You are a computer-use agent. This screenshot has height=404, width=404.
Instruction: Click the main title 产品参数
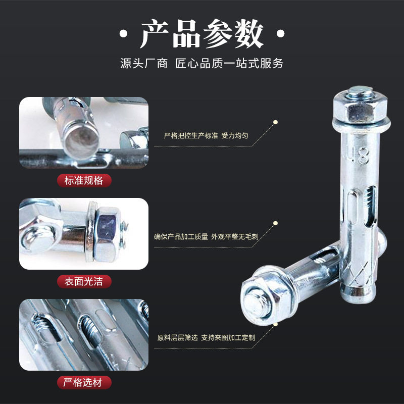[201, 33]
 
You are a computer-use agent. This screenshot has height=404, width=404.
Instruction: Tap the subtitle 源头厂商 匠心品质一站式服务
[201, 64]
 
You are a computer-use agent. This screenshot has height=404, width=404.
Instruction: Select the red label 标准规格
[84, 180]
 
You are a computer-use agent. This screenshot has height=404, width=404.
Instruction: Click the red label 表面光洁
[84, 281]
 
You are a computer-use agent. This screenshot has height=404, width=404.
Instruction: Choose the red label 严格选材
[84, 382]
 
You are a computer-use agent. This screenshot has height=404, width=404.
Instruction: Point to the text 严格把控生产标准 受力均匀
[206, 135]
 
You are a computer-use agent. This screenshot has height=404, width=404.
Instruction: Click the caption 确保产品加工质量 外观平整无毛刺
[206, 236]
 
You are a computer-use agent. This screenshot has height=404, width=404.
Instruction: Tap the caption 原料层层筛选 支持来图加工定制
[206, 337]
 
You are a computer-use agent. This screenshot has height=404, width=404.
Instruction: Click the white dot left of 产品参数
[123, 33]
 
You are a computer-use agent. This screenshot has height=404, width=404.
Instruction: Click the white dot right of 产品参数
[280, 33]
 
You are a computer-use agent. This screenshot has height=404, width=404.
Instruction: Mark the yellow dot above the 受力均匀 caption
[275, 122]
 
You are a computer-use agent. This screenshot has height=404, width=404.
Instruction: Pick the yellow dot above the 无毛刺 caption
[275, 223]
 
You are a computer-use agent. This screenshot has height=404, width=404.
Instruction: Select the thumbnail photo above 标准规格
[84, 133]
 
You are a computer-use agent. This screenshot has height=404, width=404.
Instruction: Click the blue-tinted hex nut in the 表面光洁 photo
[107, 234]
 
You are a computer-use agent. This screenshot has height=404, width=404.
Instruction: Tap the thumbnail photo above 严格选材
[84, 335]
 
